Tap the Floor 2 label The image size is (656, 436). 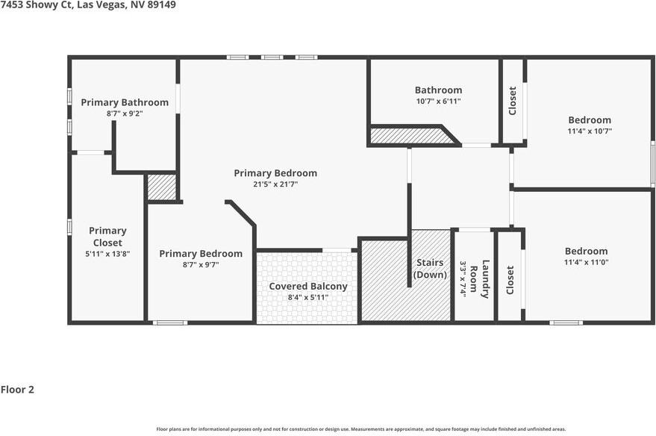point(17,389)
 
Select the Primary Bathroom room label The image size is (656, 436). point(125,102)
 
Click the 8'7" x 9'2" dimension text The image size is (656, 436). point(125,113)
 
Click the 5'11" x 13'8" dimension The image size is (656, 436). point(107,254)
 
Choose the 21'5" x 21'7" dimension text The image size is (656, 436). point(275,184)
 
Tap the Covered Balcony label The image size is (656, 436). point(308,286)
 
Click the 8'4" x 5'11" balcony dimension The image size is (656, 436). point(308,297)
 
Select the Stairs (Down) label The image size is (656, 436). point(430,268)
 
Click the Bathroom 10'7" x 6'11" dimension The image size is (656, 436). point(438,101)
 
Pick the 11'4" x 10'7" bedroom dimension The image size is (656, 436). point(590,131)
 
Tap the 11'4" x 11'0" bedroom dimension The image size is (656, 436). point(586,262)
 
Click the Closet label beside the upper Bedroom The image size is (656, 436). point(512,101)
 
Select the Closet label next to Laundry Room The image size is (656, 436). point(510,280)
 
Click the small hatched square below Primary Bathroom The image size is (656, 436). point(161,187)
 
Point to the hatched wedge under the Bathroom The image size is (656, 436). point(410,136)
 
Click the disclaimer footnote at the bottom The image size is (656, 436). point(360,429)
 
